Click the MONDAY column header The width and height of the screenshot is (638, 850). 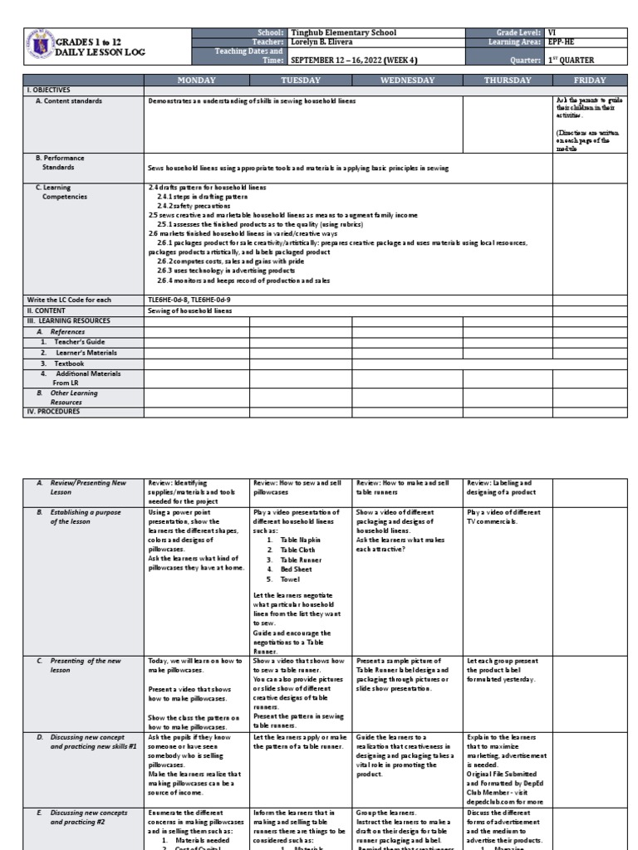[x=196, y=80]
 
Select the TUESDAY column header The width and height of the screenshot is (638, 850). [x=301, y=80]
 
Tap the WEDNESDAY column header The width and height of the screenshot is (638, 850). [x=406, y=80]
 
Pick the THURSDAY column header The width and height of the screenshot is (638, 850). [x=508, y=80]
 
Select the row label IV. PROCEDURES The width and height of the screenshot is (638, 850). [x=54, y=411]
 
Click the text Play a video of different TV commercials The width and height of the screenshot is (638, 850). [x=503, y=516]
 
